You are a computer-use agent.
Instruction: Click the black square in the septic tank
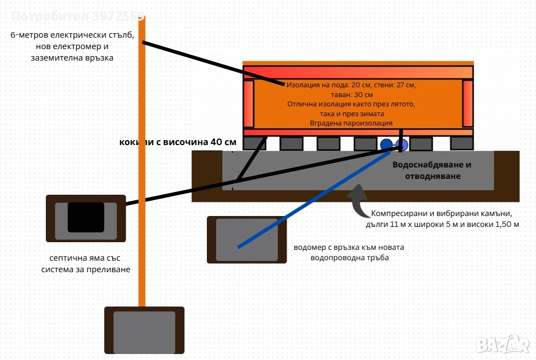86,217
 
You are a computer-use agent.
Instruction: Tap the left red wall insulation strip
248,103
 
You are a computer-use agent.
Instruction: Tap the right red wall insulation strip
468,103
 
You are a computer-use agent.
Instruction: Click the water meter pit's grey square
247,239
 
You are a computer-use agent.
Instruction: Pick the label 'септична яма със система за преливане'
86,263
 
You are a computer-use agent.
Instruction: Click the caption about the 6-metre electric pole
72,46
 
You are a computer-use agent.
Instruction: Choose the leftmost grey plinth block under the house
254,143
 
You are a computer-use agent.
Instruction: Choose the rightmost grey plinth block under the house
462,143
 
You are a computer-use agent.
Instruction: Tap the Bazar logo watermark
502,344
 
